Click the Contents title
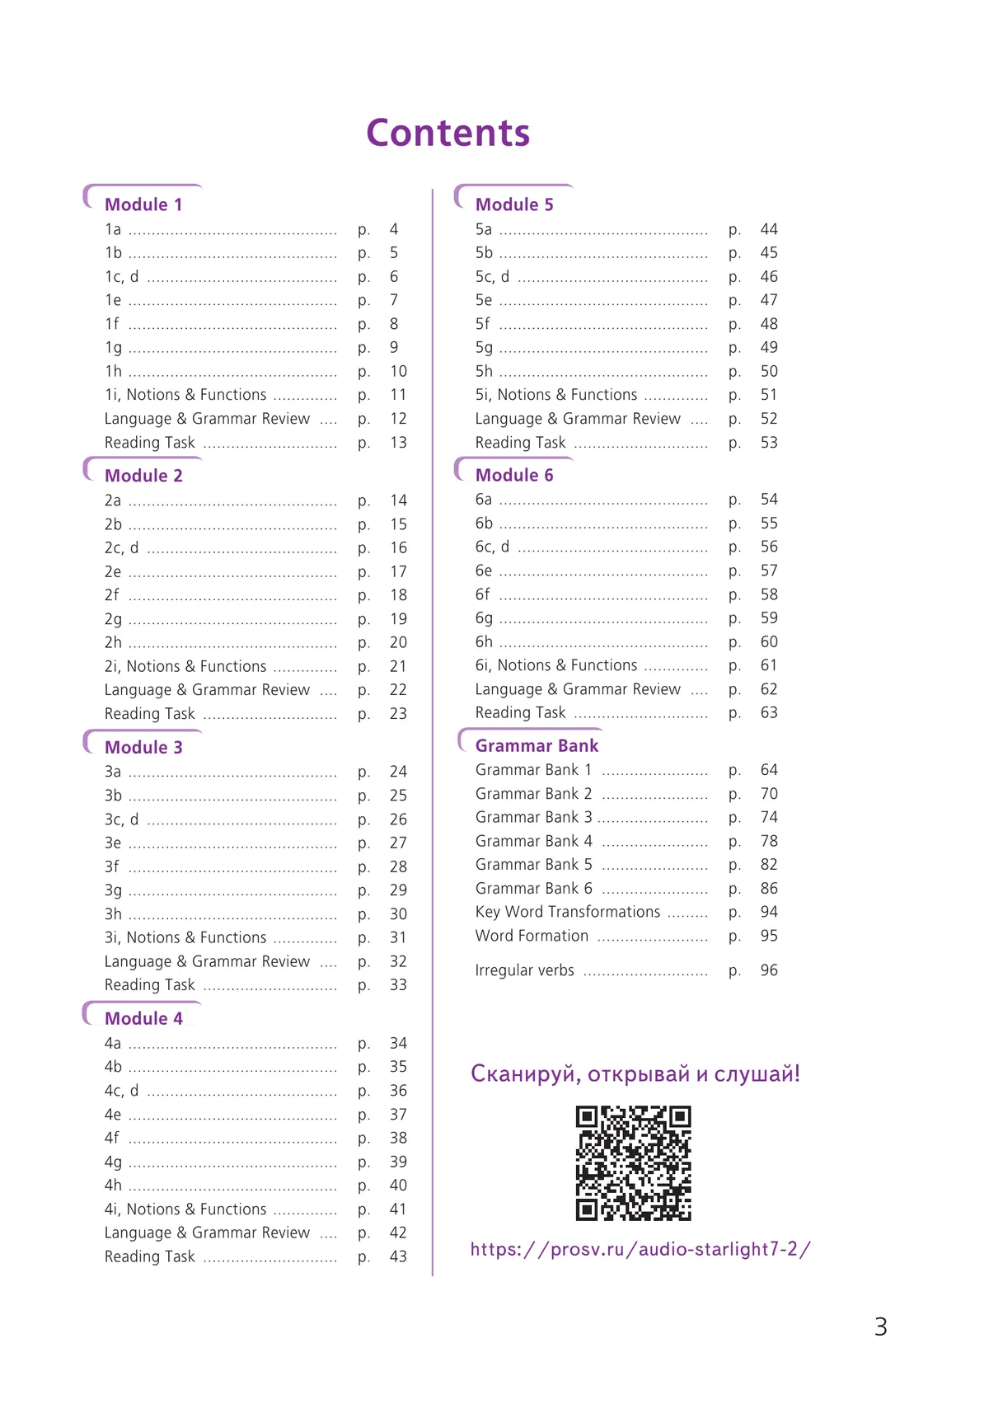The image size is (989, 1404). point(448,133)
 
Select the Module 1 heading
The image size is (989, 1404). point(143,204)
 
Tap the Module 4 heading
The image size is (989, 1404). point(143,1018)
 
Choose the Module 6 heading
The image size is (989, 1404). point(514,475)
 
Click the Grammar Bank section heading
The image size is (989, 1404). point(537,745)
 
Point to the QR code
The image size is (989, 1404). point(633,1162)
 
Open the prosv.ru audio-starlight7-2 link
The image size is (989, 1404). point(640,1249)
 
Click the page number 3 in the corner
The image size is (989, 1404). point(880,1327)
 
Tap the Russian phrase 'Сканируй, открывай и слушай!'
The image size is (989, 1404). point(635,1073)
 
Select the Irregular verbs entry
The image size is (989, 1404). point(524,970)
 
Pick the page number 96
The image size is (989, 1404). point(769,970)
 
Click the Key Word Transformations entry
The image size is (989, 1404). point(568,912)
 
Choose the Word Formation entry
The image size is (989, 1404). point(532,936)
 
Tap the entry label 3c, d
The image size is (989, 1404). point(121,819)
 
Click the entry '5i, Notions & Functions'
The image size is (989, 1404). point(556,395)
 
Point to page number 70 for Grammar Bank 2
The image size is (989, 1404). point(769,794)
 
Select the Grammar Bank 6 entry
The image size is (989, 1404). point(533,889)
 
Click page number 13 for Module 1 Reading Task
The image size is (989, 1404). point(398,443)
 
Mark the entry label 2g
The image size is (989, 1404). point(113,619)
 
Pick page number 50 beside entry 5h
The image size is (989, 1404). point(769,371)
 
